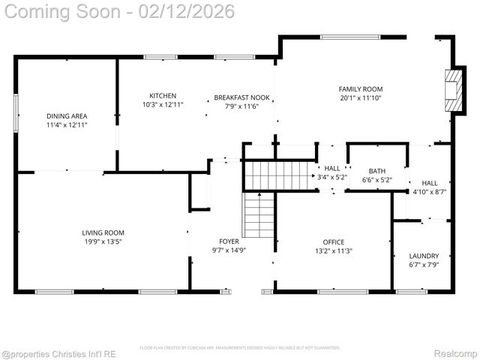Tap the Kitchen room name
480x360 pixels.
click(163, 95)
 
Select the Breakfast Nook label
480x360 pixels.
click(241, 97)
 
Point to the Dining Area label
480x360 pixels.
click(67, 115)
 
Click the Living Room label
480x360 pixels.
click(103, 232)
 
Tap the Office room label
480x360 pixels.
click(333, 241)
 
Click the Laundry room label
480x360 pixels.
click(424, 256)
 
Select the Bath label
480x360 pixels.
click(376, 171)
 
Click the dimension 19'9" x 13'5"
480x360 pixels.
click(103, 242)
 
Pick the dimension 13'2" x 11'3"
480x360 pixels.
click(333, 251)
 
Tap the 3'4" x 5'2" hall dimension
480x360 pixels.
click(332, 178)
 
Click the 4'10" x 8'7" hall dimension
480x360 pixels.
click(430, 192)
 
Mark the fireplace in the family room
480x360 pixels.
click(453, 91)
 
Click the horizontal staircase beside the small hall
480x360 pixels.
click(277, 175)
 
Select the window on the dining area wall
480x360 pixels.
click(16, 114)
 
